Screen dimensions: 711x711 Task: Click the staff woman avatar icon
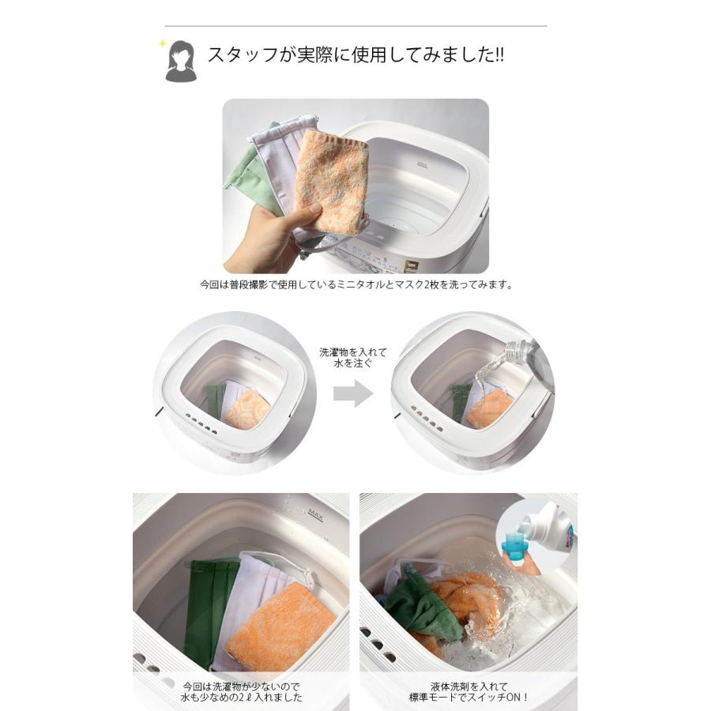pyautogui.click(x=181, y=61)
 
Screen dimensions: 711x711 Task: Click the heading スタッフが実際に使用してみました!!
pyautogui.click(x=356, y=55)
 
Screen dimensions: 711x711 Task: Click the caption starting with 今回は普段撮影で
pyautogui.click(x=355, y=285)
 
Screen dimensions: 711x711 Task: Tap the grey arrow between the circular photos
pyautogui.click(x=353, y=393)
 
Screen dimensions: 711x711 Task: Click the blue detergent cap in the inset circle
pyautogui.click(x=514, y=546)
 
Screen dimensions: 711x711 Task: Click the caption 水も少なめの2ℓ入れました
pyautogui.click(x=242, y=698)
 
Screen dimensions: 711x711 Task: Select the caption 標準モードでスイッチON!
pyautogui.click(x=468, y=698)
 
